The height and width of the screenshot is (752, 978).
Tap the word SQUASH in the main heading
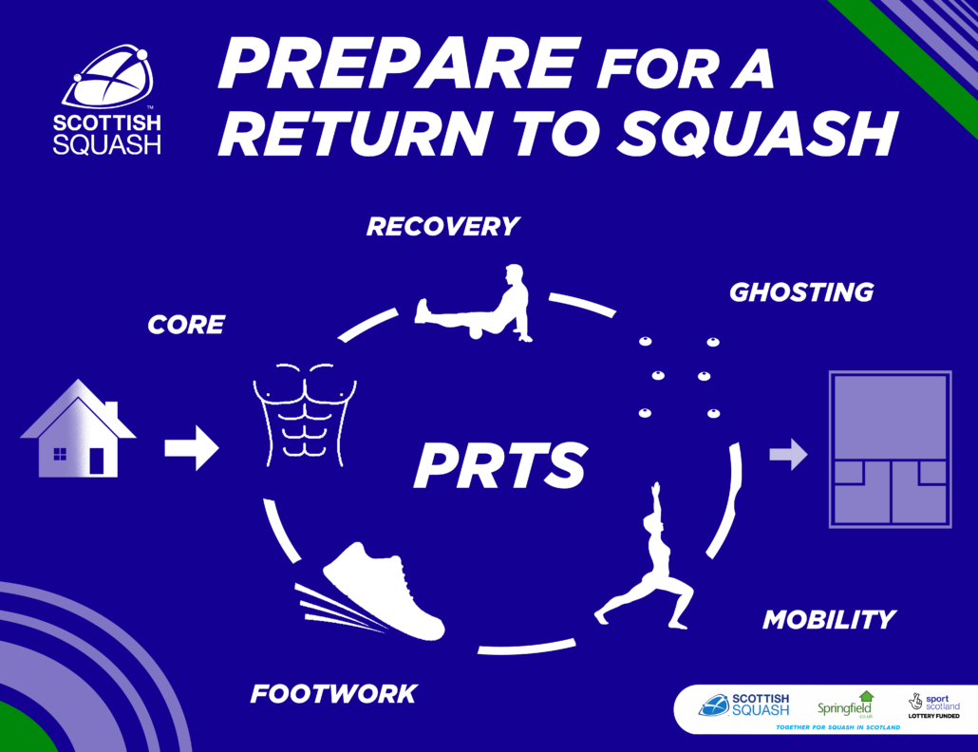pos(757,134)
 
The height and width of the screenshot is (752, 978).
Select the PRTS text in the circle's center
pos(500,465)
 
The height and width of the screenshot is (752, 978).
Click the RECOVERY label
pos(442,226)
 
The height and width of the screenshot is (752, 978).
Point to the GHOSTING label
pos(801,292)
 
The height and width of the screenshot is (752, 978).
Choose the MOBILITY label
pos(829,620)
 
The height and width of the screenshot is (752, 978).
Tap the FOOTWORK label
pos(333,694)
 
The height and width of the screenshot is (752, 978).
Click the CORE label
pos(186,325)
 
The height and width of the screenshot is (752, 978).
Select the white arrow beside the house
pos(192,448)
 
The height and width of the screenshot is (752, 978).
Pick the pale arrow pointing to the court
pos(788,454)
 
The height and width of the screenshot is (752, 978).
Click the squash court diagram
pos(890,449)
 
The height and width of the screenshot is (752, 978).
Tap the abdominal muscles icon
pos(305,415)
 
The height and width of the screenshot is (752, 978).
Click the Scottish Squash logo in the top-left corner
pos(107,100)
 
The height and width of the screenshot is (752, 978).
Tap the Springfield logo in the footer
pos(846,705)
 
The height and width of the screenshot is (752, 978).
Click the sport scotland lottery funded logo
pos(933,705)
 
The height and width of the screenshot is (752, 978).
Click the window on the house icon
pos(60,454)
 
